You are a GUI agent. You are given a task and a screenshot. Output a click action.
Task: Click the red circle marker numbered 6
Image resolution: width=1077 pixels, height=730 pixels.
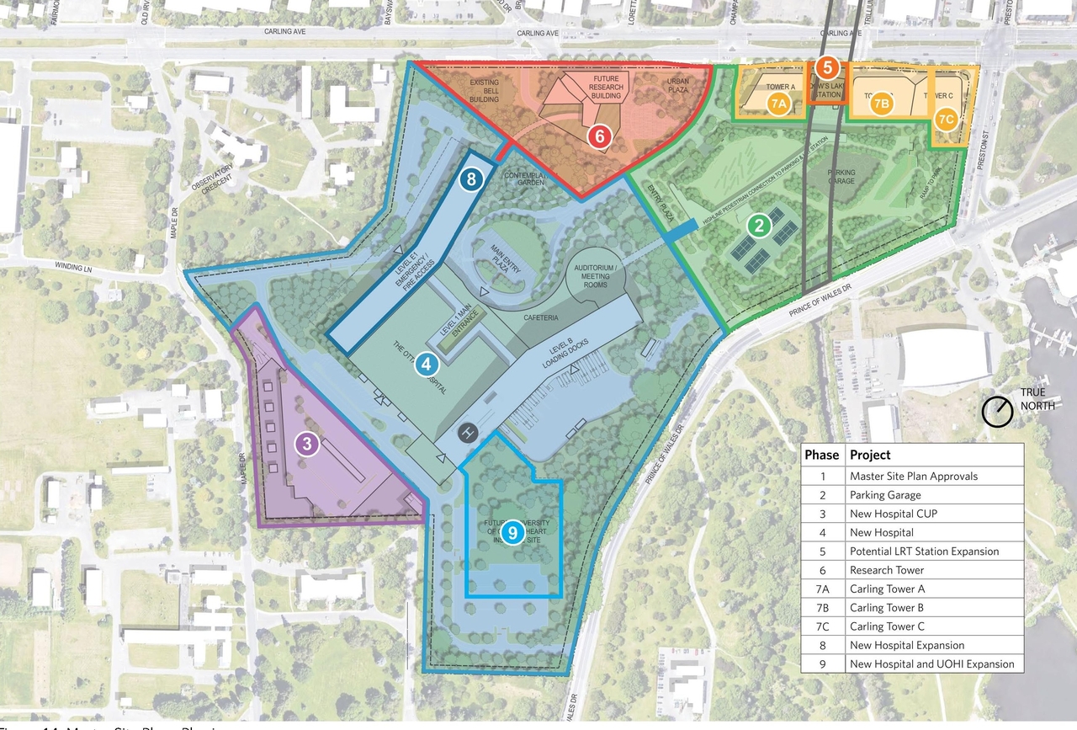[599, 135]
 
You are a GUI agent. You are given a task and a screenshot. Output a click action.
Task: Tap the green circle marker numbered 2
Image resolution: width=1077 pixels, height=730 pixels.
[759, 225]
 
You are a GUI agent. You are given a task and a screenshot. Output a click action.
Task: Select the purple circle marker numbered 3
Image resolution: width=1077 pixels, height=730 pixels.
[308, 443]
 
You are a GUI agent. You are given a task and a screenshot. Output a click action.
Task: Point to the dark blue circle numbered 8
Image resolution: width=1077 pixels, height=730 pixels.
[471, 179]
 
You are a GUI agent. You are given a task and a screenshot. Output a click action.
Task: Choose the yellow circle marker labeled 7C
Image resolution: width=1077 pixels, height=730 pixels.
[946, 119]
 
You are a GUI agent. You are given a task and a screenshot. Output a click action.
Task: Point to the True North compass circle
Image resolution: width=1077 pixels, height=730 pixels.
[997, 411]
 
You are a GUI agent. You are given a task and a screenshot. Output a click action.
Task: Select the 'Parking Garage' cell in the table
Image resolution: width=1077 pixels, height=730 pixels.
[885, 495]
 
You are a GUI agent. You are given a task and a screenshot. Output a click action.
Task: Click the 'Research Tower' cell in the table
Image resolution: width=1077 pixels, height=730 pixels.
[887, 570]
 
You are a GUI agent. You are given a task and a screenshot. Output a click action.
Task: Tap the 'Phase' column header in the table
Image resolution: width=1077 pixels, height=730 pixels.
[821, 455]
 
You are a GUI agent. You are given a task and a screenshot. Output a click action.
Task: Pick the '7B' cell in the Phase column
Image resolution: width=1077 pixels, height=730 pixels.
[821, 607]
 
